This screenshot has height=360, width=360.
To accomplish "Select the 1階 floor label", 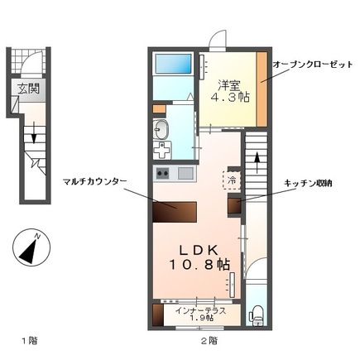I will click(x=27, y=340).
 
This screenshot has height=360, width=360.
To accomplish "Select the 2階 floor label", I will click(x=208, y=340).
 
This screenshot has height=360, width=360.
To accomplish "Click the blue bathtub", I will click(x=173, y=63).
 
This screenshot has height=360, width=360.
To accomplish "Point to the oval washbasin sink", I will click(x=161, y=130).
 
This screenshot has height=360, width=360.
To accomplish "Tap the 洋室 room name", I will click(x=230, y=84).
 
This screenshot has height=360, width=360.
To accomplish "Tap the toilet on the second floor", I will click(x=257, y=314).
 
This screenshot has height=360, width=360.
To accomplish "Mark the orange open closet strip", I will click(x=262, y=89).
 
